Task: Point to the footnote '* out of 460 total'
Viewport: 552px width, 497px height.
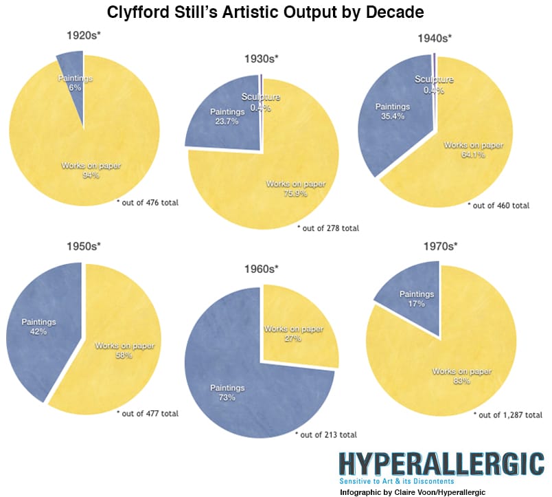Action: click(x=498, y=205)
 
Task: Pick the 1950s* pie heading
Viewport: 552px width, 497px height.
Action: click(x=84, y=245)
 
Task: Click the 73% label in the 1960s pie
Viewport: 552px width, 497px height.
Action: click(x=227, y=397)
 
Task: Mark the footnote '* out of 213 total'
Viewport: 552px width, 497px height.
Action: click(x=325, y=434)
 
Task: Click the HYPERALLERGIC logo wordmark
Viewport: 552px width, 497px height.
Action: click(x=441, y=464)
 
